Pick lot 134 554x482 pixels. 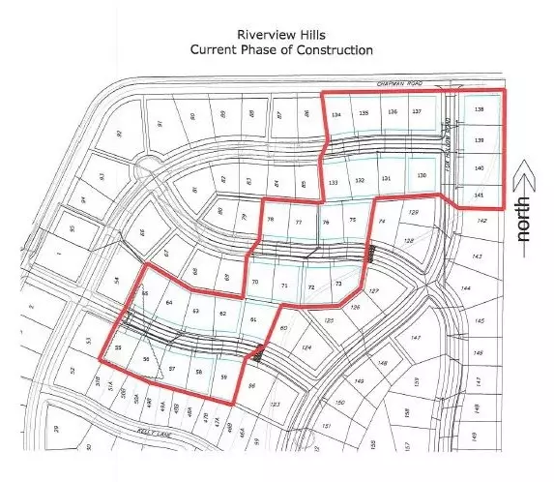pyautogui.click(x=336, y=114)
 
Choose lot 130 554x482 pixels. pyautogui.click(x=421, y=175)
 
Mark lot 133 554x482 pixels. pyautogui.click(x=333, y=182)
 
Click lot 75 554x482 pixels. pyautogui.click(x=353, y=221)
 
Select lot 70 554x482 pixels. pyautogui.click(x=255, y=282)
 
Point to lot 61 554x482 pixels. pyautogui.click(x=253, y=320)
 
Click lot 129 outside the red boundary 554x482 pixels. pyautogui.click(x=414, y=212)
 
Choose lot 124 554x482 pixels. pyautogui.click(x=306, y=346)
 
